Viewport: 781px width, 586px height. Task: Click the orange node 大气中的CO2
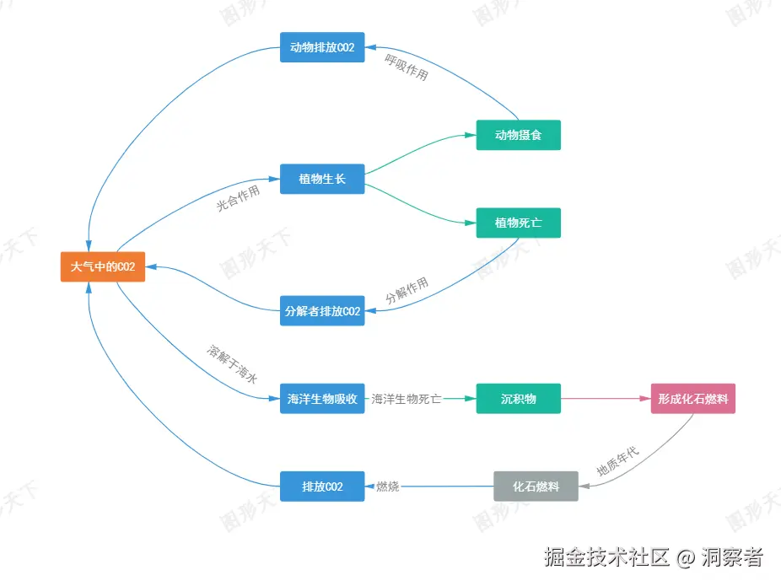pyautogui.click(x=103, y=266)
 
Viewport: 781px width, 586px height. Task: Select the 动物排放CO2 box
pyautogui.click(x=322, y=47)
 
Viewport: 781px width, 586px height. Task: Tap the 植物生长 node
pyautogui.click(x=322, y=179)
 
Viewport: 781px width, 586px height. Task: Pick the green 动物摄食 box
pyautogui.click(x=518, y=135)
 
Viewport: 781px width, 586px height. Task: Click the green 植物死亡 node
pyautogui.click(x=518, y=223)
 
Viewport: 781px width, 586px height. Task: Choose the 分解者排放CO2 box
pyautogui.click(x=322, y=310)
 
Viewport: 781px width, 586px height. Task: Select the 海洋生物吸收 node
pyautogui.click(x=322, y=399)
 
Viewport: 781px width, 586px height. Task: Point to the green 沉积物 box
pyautogui.click(x=518, y=399)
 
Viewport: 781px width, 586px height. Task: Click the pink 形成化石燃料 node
pyautogui.click(x=692, y=399)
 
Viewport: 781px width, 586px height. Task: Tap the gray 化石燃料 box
pyautogui.click(x=536, y=487)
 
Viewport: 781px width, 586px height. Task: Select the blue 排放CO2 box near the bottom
pyautogui.click(x=322, y=487)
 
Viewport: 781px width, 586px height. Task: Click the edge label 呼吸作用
pyautogui.click(x=407, y=67)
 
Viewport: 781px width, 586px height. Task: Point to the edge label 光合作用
pyautogui.click(x=238, y=199)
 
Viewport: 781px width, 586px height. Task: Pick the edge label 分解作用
pyautogui.click(x=407, y=291)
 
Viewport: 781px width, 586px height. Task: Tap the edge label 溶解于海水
pyautogui.click(x=232, y=365)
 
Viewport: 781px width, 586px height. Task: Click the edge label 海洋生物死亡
pyautogui.click(x=407, y=399)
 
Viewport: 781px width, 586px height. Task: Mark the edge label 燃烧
pyautogui.click(x=388, y=487)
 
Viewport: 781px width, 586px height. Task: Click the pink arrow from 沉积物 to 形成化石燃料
pyautogui.click(x=605, y=399)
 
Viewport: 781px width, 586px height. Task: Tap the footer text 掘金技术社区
pyautogui.click(x=606, y=557)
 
